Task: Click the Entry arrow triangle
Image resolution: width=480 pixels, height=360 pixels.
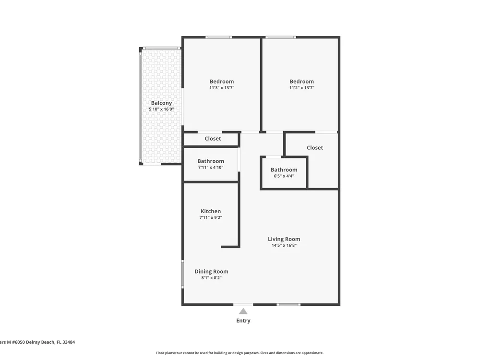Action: point(243,312)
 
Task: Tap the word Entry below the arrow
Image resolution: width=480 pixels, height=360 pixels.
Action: point(243,321)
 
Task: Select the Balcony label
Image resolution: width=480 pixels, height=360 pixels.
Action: point(161,103)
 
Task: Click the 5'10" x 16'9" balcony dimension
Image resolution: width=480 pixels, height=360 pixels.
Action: point(161,109)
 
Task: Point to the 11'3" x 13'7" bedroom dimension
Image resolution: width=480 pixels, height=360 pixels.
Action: point(222,88)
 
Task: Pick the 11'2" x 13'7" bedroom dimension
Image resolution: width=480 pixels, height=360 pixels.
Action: point(302,88)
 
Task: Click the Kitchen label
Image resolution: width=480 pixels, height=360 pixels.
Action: point(211,211)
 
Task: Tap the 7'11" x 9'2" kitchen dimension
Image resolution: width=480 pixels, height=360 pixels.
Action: point(211,217)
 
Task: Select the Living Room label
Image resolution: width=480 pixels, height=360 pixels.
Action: point(284,240)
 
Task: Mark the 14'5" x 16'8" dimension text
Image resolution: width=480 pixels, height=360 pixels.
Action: point(284,245)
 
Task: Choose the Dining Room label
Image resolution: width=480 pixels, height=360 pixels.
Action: point(212,272)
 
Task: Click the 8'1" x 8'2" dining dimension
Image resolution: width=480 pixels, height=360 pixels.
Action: point(212,278)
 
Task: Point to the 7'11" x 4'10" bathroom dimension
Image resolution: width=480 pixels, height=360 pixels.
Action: point(211,168)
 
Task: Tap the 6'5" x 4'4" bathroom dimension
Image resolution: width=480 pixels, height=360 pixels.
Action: point(284,176)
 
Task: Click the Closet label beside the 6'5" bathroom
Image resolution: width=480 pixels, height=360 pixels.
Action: point(315,147)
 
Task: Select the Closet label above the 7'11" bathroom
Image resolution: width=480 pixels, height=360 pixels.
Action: point(213,139)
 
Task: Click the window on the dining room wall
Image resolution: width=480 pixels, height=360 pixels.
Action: point(183,274)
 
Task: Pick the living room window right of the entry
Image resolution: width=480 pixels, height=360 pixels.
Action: point(288,305)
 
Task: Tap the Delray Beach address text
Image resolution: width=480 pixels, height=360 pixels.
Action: point(37,342)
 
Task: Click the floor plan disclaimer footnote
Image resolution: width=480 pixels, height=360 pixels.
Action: point(240,353)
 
